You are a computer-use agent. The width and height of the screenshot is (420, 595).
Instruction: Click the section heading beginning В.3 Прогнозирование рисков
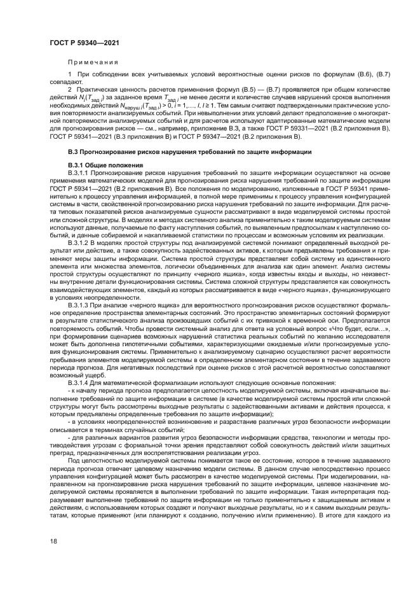coord(189,152)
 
